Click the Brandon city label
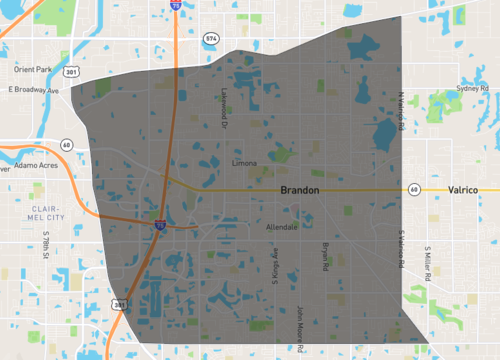pyautogui.click(x=298, y=190)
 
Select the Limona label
pyautogui.click(x=245, y=161)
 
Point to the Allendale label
pyautogui.click(x=281, y=228)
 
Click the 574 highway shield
pyautogui.click(x=211, y=38)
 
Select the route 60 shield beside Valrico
pyautogui.click(x=413, y=189)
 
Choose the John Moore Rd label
pyautogui.click(x=301, y=329)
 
